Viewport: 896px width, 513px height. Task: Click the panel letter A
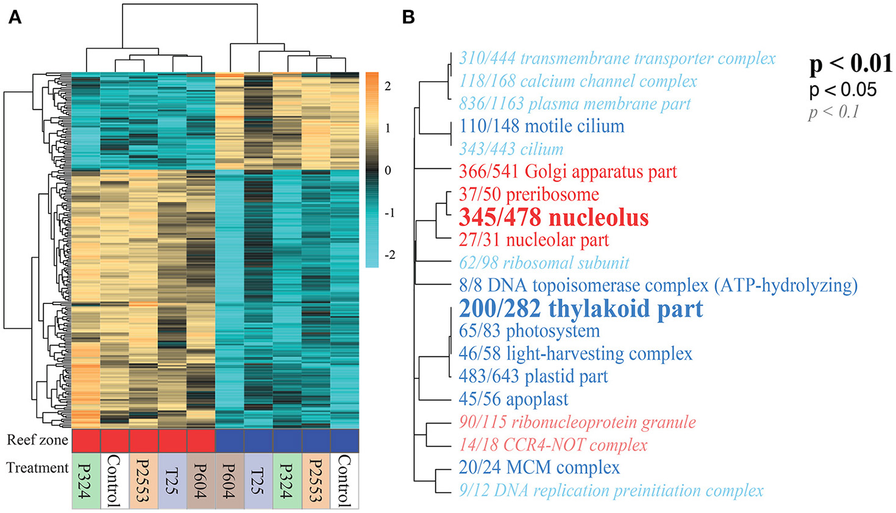point(15,17)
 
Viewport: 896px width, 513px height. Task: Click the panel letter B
point(409,17)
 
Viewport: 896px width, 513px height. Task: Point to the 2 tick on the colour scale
point(388,87)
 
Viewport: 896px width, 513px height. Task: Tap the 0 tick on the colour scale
point(388,171)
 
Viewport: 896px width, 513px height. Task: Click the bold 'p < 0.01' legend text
point(851,64)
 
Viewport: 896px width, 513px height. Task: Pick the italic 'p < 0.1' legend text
point(833,112)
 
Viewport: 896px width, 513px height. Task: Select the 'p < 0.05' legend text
point(843,90)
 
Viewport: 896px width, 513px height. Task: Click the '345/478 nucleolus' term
point(553,218)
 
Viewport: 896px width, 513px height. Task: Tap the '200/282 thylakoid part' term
point(581,308)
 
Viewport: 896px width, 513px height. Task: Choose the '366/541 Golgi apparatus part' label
point(567,172)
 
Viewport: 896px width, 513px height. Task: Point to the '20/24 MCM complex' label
point(539,467)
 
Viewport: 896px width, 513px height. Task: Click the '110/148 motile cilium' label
point(541,126)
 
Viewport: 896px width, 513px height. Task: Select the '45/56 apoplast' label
point(513,399)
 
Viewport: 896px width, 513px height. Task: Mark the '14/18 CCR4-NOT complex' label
point(553,445)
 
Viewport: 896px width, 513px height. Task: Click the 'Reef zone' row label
point(38,440)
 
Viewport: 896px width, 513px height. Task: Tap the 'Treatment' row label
point(38,468)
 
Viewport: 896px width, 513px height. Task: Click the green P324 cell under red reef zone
point(86,481)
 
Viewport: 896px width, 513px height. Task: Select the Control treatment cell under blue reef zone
point(344,481)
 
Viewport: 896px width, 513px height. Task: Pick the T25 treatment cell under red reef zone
point(172,481)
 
